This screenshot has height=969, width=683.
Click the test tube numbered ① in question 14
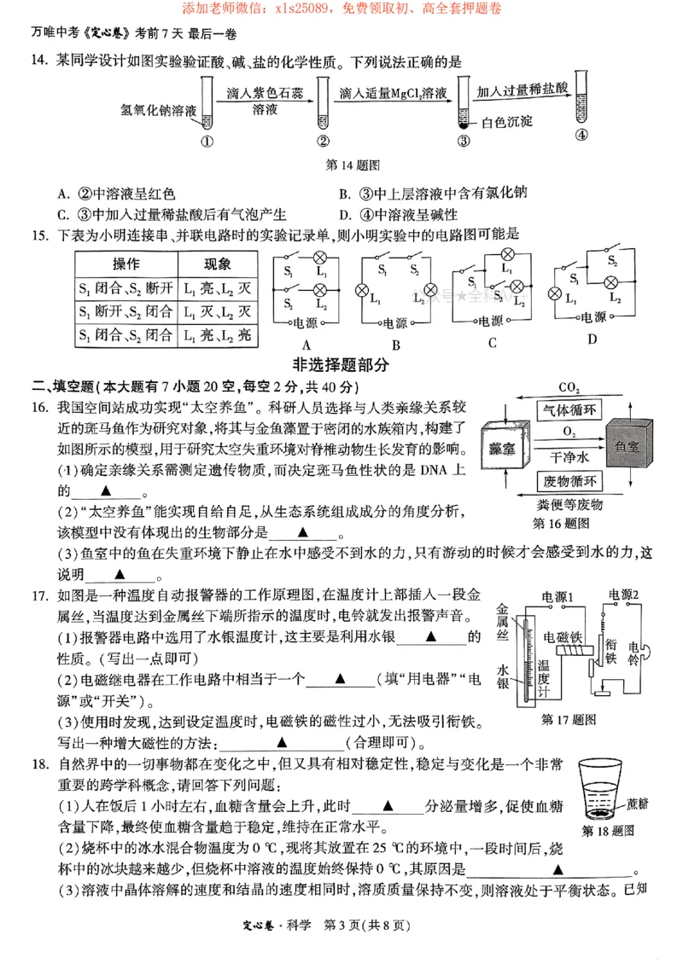point(207,102)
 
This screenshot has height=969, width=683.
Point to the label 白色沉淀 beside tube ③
point(507,122)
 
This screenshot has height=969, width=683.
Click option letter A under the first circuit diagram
point(302,345)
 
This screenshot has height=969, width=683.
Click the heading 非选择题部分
point(341,365)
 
